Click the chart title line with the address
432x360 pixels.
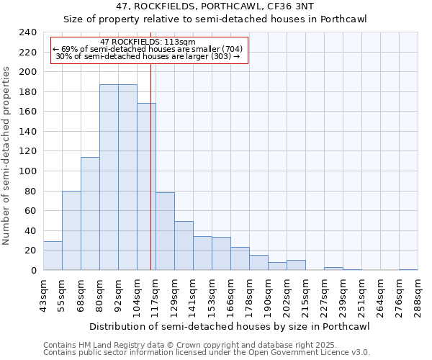coord(215,6)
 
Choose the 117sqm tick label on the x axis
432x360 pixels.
coord(156,294)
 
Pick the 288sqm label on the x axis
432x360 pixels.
coord(418,294)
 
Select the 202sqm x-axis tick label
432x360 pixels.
coord(287,294)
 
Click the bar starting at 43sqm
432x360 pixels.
coord(53,256)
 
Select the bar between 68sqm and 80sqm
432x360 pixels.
coord(90,213)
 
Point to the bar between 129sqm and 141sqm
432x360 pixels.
coord(184,246)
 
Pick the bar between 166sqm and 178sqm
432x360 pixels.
coord(240,258)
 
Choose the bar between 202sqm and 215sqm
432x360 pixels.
coord(296,265)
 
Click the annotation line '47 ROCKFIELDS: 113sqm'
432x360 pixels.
coord(148,42)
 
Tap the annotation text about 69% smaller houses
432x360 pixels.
coord(148,49)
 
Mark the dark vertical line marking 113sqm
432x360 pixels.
coord(150,180)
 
